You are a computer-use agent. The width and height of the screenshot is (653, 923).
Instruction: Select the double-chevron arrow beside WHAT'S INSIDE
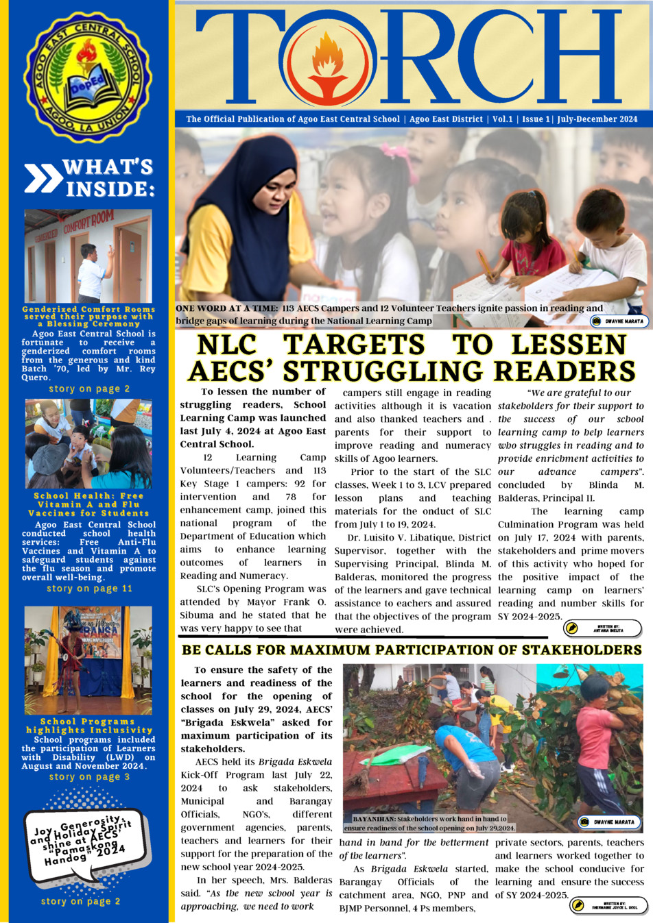(x=43, y=177)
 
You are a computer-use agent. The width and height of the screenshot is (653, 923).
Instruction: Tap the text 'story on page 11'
(x=90, y=589)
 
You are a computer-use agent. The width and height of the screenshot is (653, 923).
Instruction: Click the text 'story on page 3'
(x=89, y=776)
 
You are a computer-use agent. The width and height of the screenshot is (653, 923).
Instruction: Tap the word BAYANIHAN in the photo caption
(x=373, y=819)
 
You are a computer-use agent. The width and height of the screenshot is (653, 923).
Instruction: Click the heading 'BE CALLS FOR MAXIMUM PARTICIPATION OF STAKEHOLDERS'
(x=412, y=650)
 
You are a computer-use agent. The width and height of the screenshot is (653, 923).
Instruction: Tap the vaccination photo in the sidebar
(x=88, y=443)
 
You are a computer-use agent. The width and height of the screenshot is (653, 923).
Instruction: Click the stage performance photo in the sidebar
(x=88, y=659)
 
